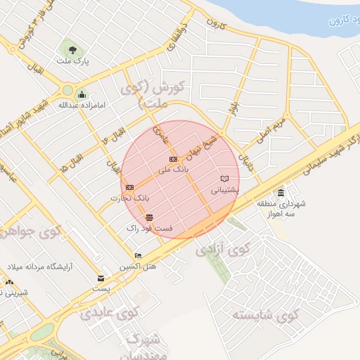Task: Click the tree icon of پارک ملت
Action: coord(72,48)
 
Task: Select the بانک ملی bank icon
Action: coord(173,161)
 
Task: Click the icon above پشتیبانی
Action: coord(225,179)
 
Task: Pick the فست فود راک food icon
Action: coord(149,217)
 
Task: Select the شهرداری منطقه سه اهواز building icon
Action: coord(281,193)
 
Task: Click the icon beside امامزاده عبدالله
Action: coord(82,95)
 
